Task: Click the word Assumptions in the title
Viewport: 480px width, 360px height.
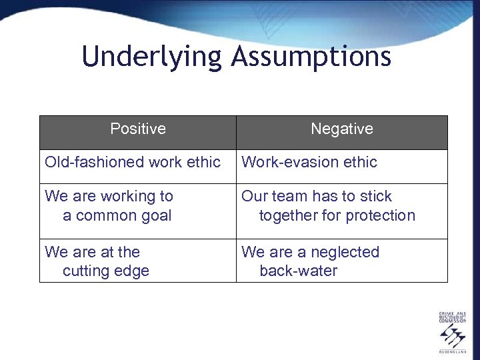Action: pos(311,57)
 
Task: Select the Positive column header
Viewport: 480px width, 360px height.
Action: pos(138,129)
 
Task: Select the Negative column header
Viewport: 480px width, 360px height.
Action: pos(342,129)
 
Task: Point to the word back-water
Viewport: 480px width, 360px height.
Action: pos(298,271)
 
